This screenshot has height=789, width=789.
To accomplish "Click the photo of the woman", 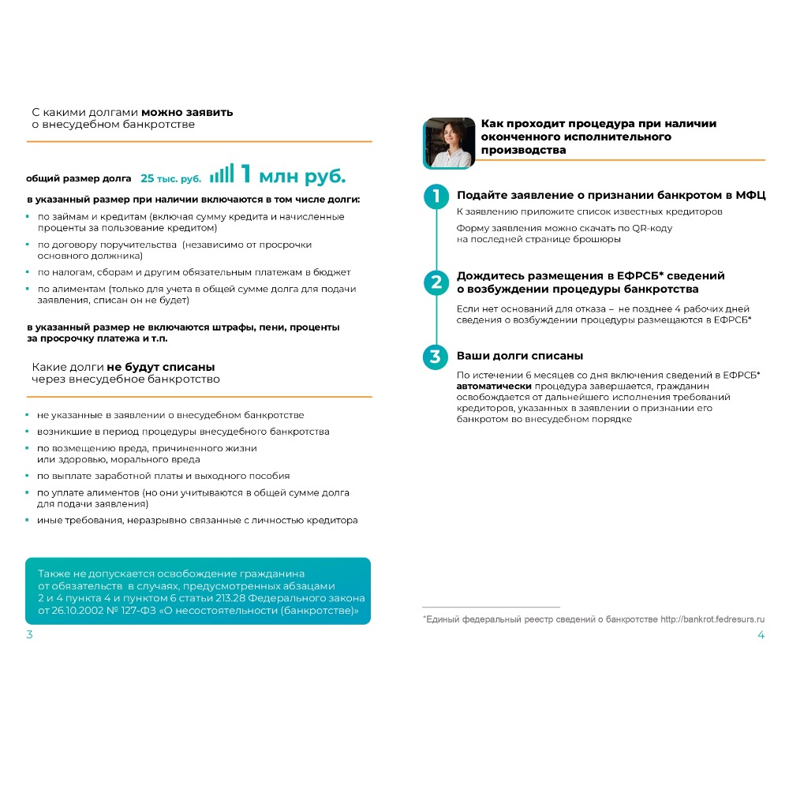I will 449,143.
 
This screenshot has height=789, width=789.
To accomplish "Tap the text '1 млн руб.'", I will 293,174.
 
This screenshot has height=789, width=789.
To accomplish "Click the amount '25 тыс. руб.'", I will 170,178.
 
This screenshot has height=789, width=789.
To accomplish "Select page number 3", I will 29,635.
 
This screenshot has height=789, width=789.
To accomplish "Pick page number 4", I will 761,635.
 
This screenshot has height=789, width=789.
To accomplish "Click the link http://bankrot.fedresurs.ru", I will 712,620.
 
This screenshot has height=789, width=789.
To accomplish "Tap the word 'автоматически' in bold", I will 494,387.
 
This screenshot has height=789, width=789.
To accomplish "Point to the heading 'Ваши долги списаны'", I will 520,356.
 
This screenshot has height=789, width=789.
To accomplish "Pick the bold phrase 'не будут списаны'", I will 161,367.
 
